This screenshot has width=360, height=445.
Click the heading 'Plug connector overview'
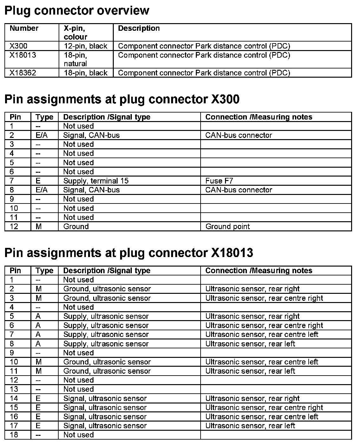[x=77, y=10]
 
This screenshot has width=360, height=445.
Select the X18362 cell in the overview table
[x=23, y=73]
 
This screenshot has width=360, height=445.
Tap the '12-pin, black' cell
[x=86, y=46]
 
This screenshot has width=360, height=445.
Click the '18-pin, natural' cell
[x=75, y=59]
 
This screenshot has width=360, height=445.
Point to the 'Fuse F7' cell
[x=219, y=181]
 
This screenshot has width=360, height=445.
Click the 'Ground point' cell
[x=228, y=226]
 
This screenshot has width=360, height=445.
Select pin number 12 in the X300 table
[x=14, y=226]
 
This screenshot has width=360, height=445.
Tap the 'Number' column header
[x=24, y=28]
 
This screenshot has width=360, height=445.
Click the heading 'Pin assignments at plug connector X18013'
[x=129, y=253]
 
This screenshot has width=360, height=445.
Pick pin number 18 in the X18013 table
[x=14, y=435]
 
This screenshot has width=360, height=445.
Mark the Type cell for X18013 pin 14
[x=38, y=398]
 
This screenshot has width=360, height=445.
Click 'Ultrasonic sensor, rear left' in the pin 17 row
[x=250, y=426]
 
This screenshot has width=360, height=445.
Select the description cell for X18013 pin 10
[x=107, y=362]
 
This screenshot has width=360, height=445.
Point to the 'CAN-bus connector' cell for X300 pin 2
[x=239, y=135]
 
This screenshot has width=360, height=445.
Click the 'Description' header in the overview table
[x=139, y=28]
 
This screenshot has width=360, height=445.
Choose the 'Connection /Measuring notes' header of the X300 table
[x=259, y=117]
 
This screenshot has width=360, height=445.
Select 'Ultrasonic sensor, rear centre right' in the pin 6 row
[x=264, y=325]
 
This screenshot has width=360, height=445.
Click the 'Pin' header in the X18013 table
[x=15, y=270]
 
